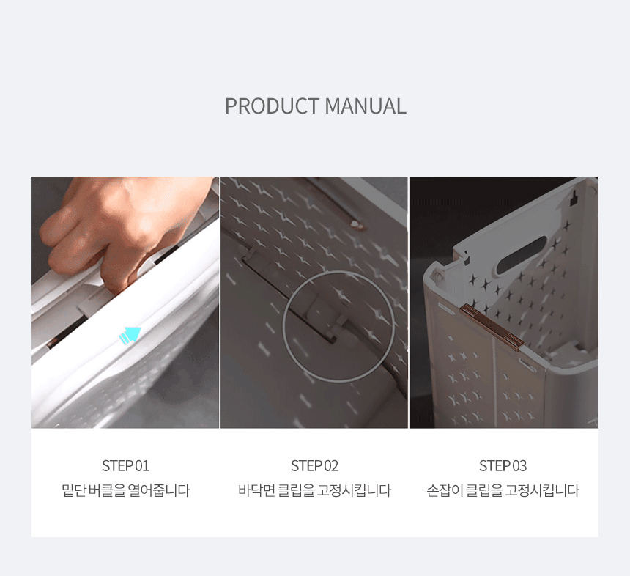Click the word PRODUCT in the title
[x=272, y=106]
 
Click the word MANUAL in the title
[x=366, y=106]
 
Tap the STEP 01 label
[x=126, y=466]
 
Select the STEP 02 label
[x=314, y=466]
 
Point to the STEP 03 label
[x=503, y=466]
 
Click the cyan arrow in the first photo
[x=130, y=335]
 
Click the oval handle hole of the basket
[x=522, y=255]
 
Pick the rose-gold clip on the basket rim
[x=492, y=327]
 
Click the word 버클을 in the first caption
[x=107, y=490]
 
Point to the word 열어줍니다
[x=159, y=490]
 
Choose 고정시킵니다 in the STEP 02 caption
[x=354, y=490]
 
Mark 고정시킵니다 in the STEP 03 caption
[x=542, y=490]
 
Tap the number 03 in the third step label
[x=519, y=466]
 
